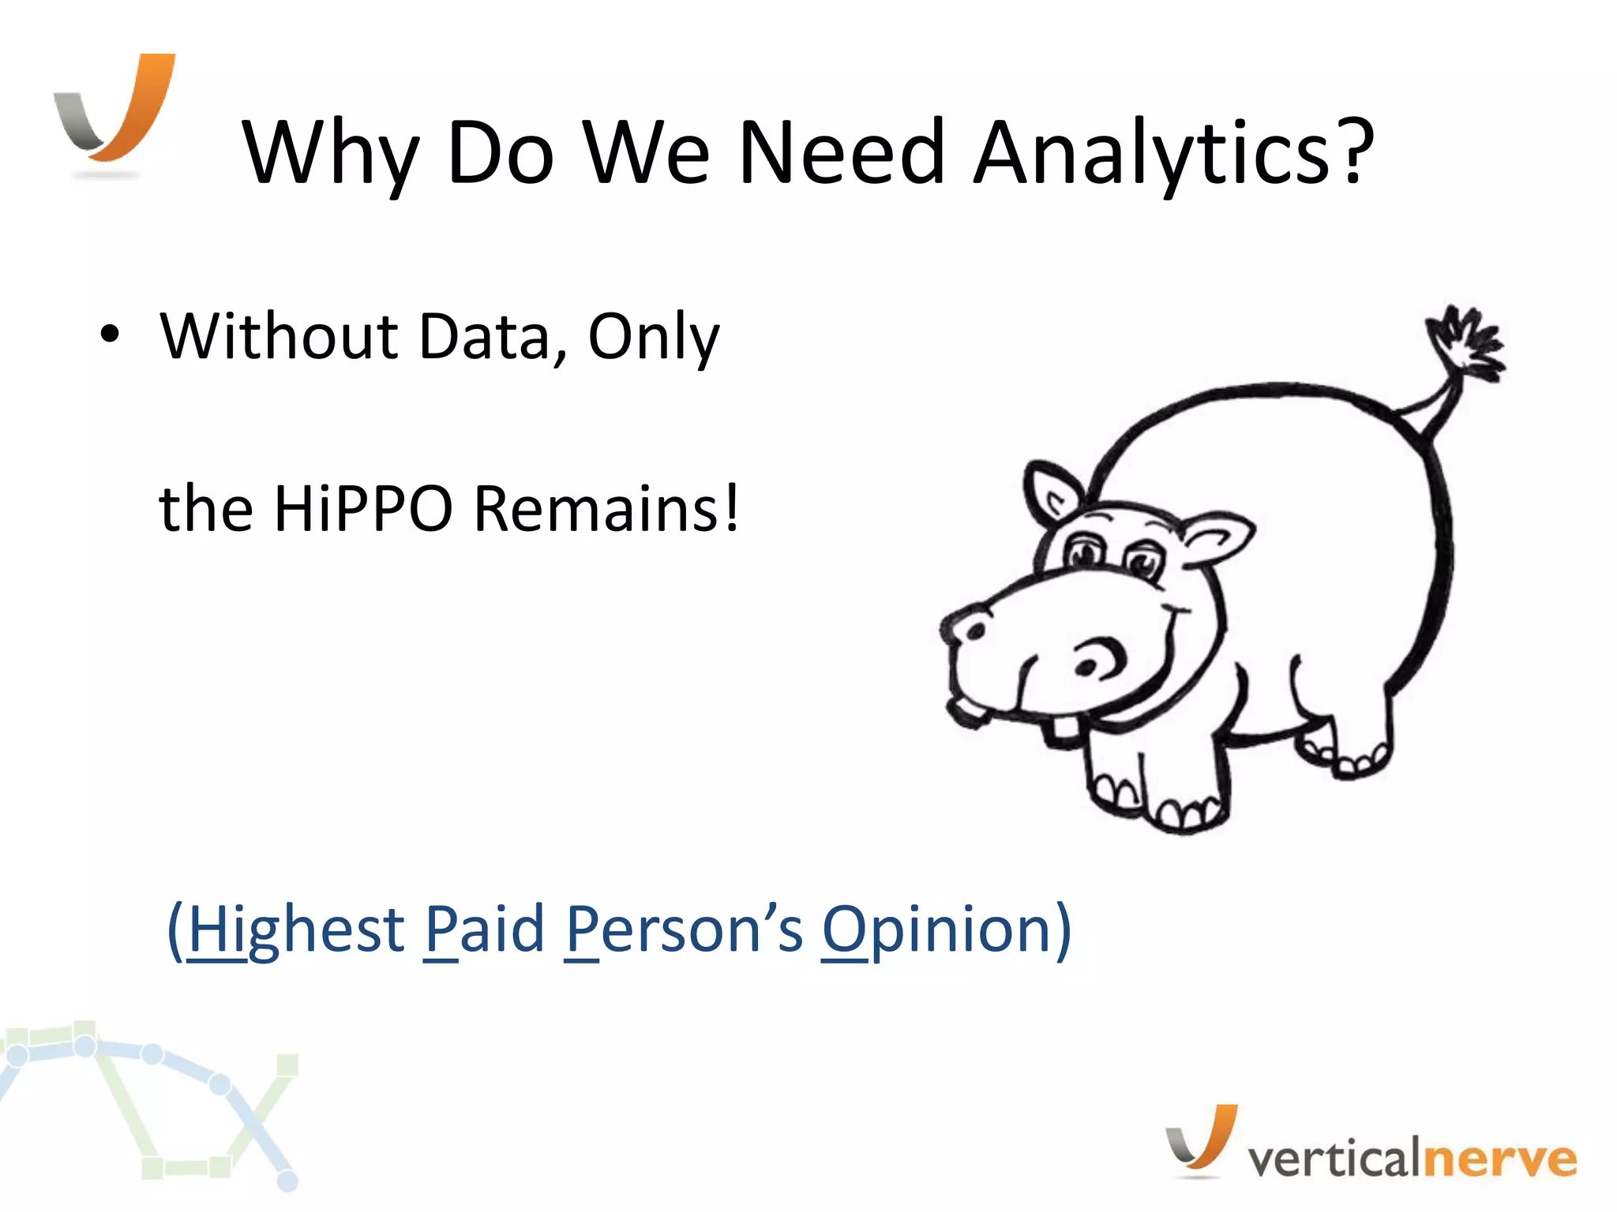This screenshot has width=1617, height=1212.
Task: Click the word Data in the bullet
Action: (482, 337)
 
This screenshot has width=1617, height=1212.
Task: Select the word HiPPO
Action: (363, 509)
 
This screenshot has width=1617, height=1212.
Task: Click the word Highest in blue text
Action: (296, 930)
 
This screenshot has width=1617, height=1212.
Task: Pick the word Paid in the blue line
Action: (483, 930)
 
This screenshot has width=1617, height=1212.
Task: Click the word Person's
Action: (684, 930)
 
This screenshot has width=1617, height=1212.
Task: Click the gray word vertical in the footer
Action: (1334, 1158)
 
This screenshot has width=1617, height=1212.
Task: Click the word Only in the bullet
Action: (654, 337)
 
